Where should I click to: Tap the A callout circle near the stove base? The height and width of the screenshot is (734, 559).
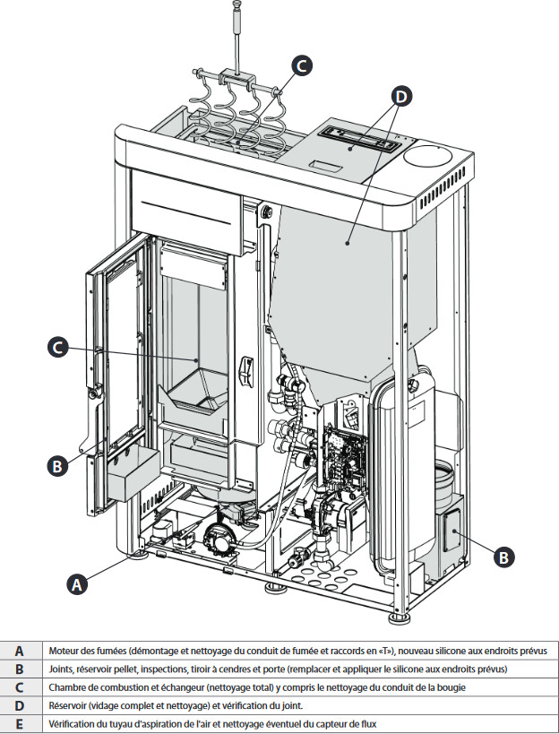(79, 584)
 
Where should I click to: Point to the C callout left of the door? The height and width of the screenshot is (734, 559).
(56, 347)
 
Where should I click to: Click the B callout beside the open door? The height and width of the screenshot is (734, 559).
(56, 465)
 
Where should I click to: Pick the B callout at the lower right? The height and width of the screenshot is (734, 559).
(504, 557)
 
